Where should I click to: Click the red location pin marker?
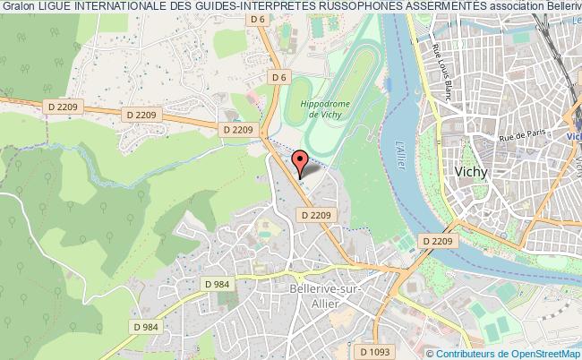pyautogui.click(x=301, y=164)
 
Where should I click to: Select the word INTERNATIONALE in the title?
pyautogui.click(x=138, y=8)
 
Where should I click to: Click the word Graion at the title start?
pyautogui.click(x=20, y=8)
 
